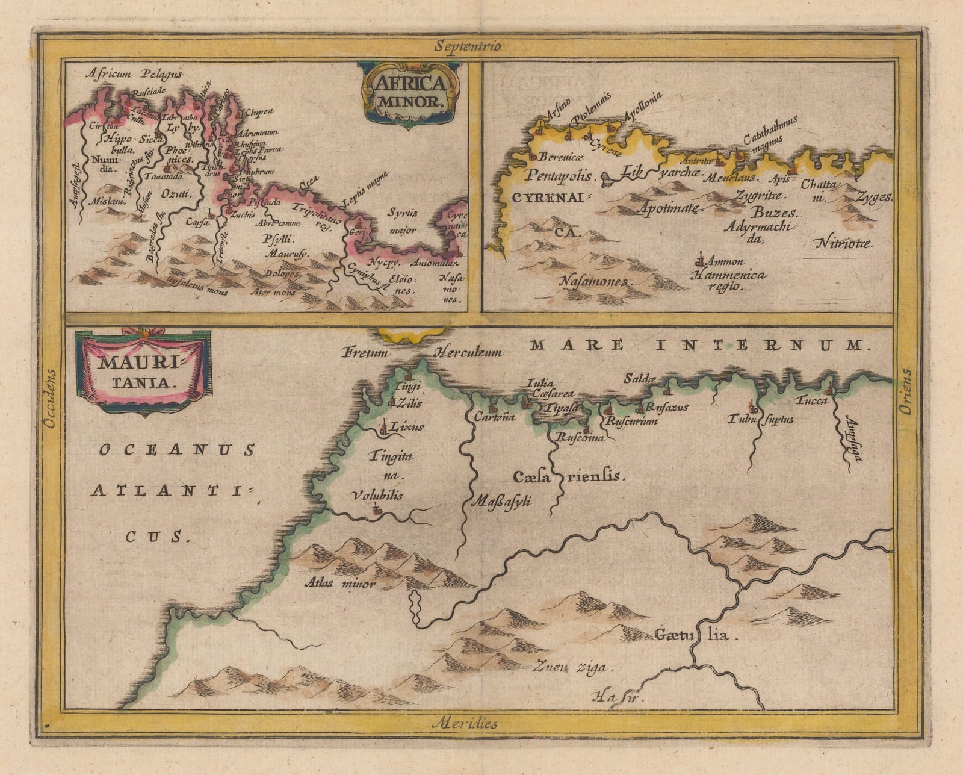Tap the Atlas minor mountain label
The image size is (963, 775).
click(340, 583)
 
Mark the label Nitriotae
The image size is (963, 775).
click(844, 243)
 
